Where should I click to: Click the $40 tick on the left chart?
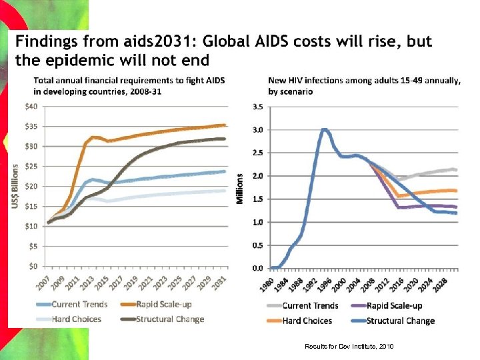coord(30,106)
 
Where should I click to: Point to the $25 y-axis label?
coord(30,166)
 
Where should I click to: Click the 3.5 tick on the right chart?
coord(256,106)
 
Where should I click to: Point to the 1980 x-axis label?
coord(266,283)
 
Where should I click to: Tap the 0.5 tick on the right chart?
coord(256,245)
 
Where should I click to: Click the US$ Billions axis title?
coord(15,185)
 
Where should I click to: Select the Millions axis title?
coord(241,188)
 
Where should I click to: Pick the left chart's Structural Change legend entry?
coord(170,319)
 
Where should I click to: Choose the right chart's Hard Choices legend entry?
coord(307,320)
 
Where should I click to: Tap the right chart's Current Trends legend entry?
coord(310,306)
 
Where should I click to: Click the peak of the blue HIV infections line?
coord(324,129)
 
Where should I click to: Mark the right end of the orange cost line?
coord(225,125)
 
